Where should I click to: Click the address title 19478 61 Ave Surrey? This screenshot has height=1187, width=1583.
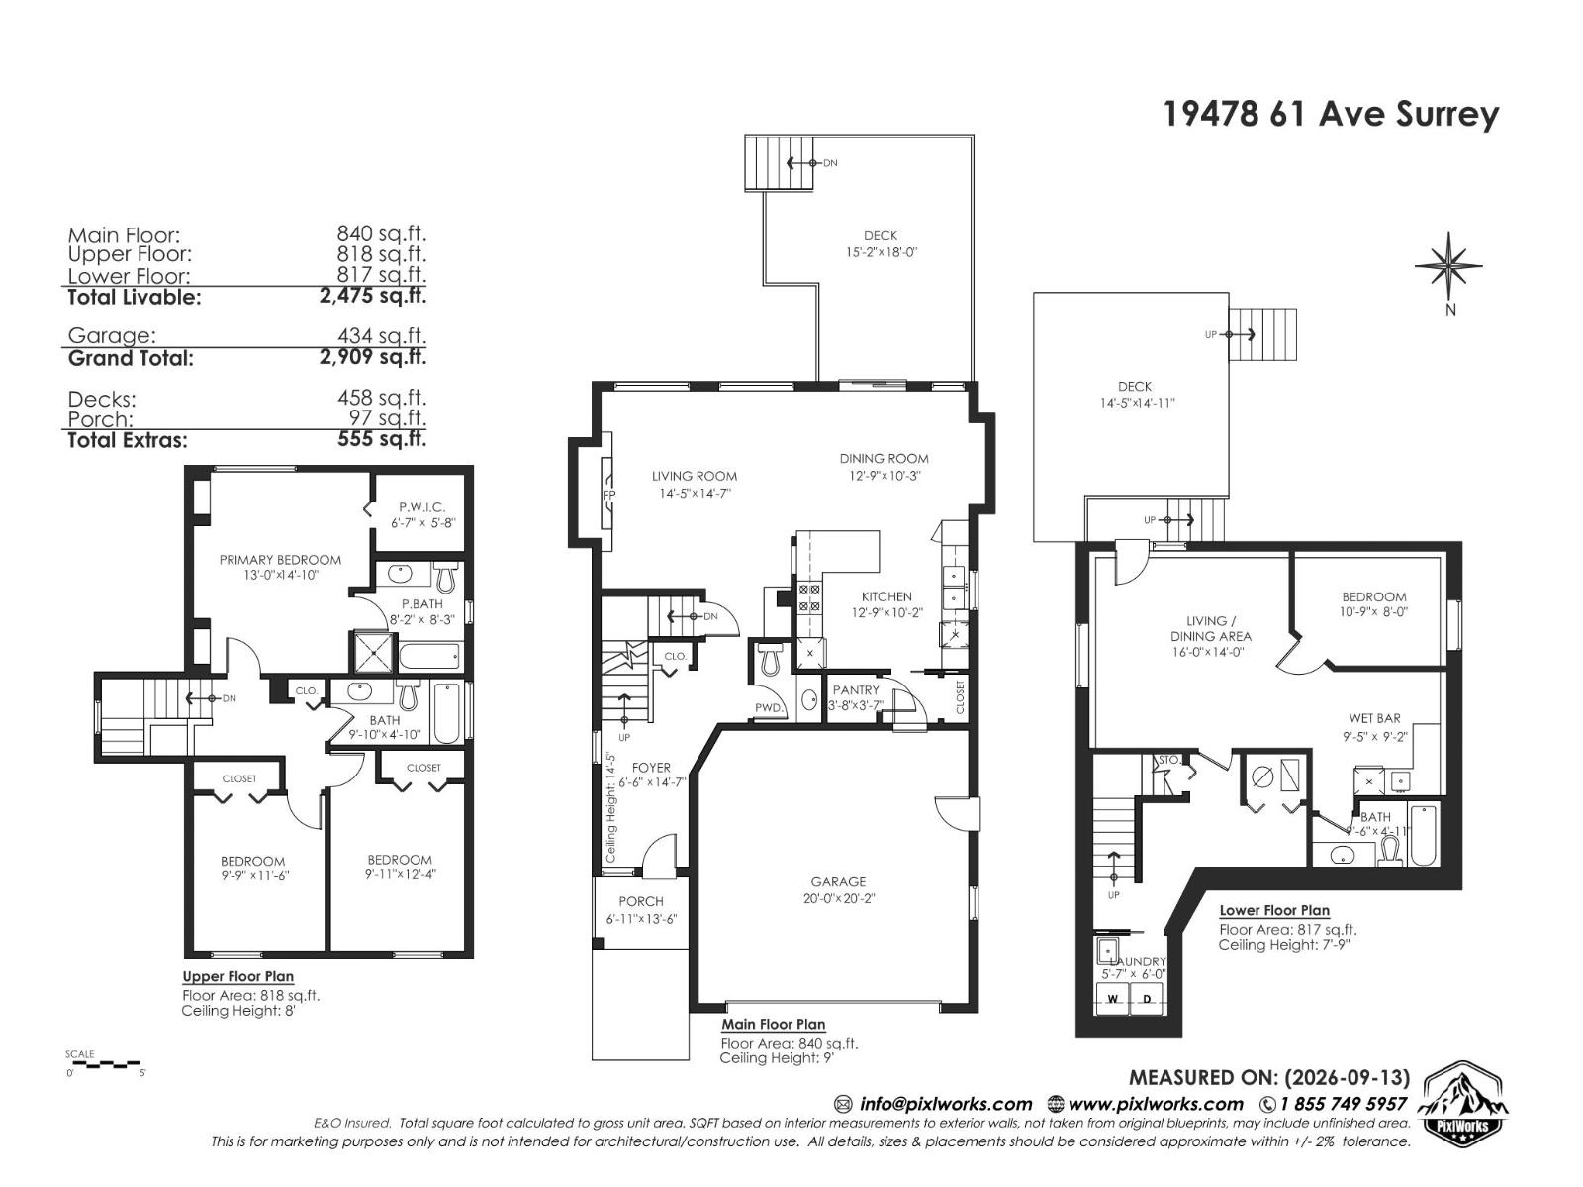[x=1332, y=115]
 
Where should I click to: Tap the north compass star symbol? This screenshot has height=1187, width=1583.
[x=1448, y=265]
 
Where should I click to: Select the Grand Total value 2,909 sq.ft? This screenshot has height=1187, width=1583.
[x=373, y=357]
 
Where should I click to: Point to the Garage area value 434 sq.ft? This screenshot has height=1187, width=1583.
[x=382, y=336]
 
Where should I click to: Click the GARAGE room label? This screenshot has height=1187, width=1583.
[x=838, y=881]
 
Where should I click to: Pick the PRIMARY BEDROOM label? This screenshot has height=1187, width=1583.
[x=281, y=559]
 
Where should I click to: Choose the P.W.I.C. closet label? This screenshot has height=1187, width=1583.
[x=421, y=507]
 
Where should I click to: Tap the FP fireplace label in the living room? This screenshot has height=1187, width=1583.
[x=608, y=496]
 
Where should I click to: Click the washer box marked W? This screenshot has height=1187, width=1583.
[x=1113, y=1000]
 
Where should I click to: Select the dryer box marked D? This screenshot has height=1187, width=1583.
[x=1147, y=1000]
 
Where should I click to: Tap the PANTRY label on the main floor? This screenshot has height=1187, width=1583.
[x=856, y=690]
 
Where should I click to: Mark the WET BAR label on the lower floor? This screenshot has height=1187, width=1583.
[x=1374, y=718]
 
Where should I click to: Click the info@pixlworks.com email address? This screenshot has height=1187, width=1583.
[x=946, y=1104]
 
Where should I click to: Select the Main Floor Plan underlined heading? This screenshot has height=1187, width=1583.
[x=773, y=1024]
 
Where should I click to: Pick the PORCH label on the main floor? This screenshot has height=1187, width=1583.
[x=641, y=901]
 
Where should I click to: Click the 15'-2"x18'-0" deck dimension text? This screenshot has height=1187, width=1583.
[x=881, y=252]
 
